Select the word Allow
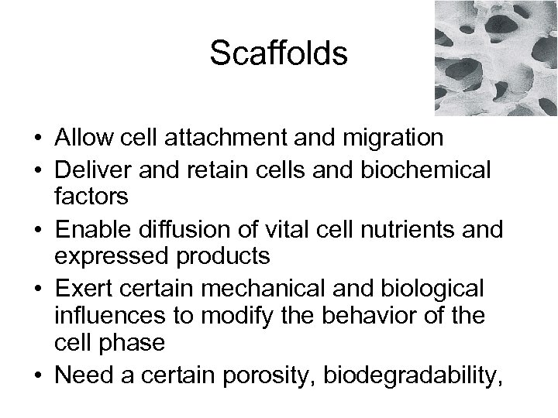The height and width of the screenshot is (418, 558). [x=81, y=138]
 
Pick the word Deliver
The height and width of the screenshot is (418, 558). [x=91, y=166]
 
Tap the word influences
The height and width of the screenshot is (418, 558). [x=109, y=316]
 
